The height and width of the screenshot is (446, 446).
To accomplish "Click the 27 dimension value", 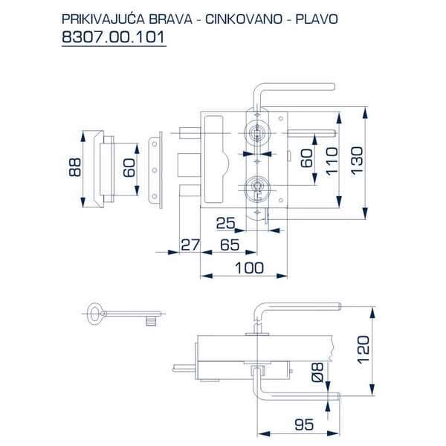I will point(190,245).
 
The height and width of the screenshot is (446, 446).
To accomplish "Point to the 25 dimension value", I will point(227,222).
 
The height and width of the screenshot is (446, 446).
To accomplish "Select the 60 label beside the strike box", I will point(129,169).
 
